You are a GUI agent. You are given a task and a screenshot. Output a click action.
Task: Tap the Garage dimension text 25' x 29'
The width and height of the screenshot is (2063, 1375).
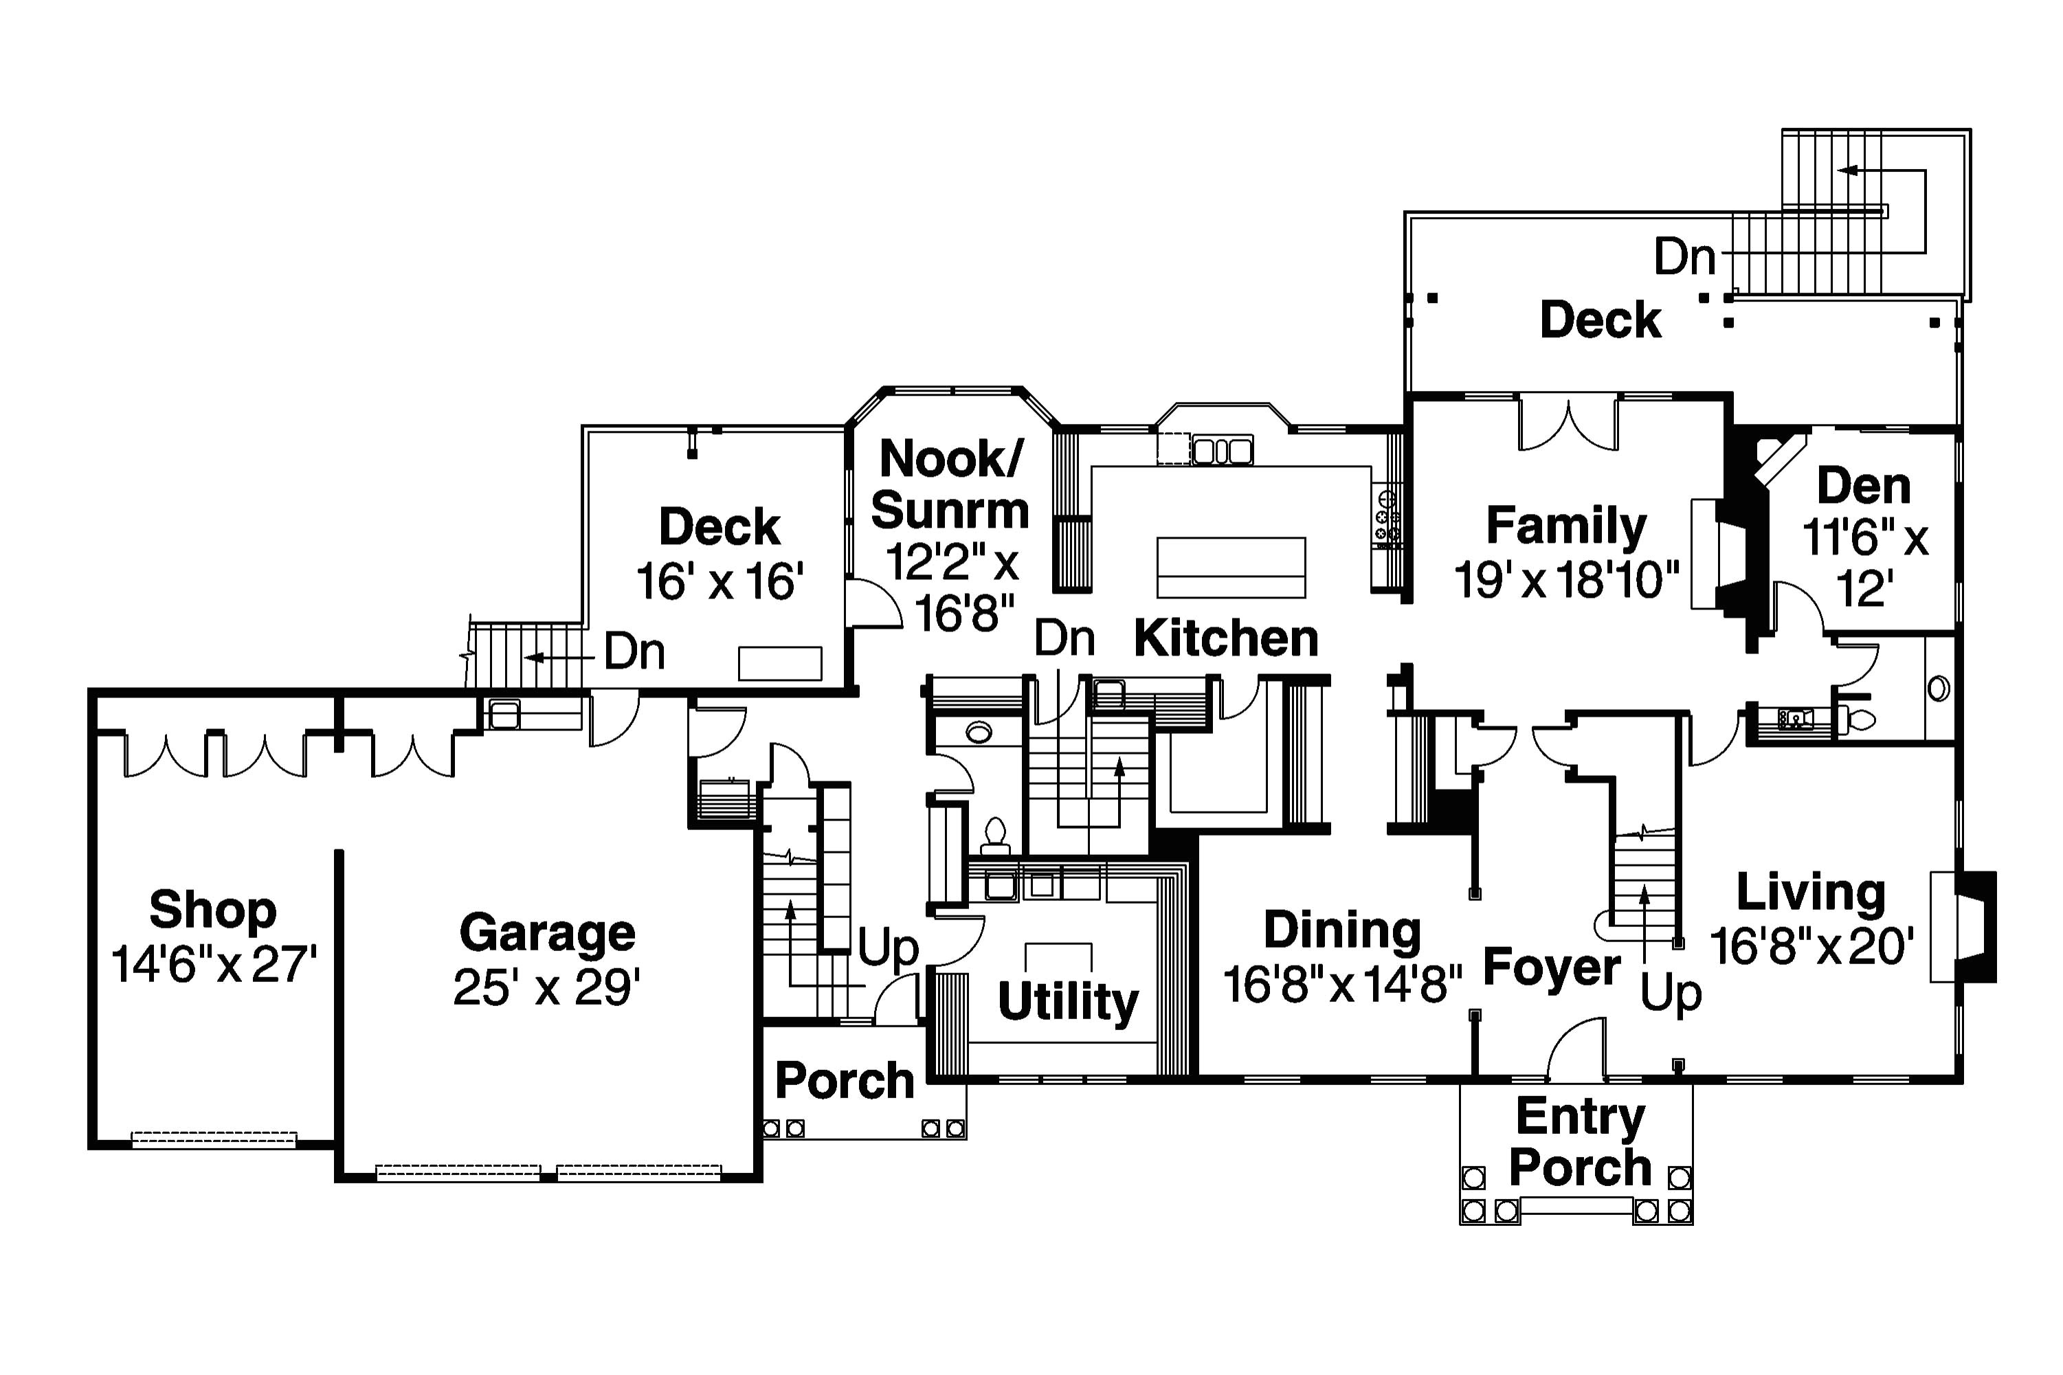pos(546,988)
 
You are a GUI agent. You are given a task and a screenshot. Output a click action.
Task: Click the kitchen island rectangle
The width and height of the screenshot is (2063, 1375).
pos(1230,568)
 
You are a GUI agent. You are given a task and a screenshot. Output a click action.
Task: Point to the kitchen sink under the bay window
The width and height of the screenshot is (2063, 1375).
pos(1221,451)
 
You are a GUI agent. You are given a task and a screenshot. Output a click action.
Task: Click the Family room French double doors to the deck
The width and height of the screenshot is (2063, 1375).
pos(1567,423)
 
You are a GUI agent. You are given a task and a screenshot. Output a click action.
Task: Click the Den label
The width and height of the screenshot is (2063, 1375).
pos(1862,486)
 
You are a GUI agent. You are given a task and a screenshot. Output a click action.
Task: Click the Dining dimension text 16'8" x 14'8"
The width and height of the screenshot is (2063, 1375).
pos(1341,984)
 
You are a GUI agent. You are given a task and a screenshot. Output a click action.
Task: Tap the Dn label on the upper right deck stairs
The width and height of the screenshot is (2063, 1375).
pos(1684,257)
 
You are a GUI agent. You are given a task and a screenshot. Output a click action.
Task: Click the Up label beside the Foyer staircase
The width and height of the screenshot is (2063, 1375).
pos(1670,993)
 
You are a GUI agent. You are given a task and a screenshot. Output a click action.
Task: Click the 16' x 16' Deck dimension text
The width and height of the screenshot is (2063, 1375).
pos(719,581)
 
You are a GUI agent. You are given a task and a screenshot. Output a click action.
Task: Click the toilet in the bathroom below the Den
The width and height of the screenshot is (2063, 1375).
pos(1855,720)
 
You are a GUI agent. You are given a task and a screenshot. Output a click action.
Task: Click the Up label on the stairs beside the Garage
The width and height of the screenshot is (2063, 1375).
pos(886,947)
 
